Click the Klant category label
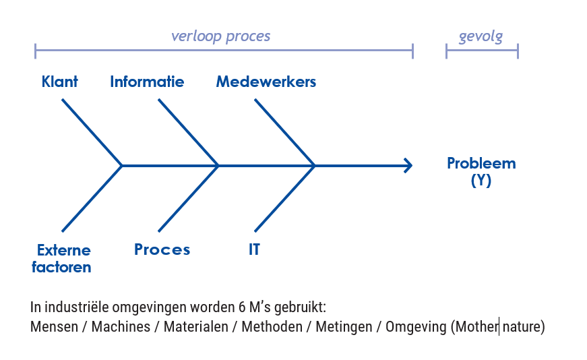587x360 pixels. (x=59, y=82)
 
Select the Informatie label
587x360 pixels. (x=147, y=82)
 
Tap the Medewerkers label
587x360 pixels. (x=266, y=82)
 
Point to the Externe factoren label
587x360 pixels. (x=62, y=258)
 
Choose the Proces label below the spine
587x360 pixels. (x=162, y=249)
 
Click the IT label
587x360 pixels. (x=254, y=249)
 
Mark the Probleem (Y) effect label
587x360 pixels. (x=481, y=171)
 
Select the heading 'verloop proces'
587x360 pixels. (x=220, y=36)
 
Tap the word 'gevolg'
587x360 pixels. (x=481, y=36)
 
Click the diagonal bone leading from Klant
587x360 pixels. (x=92, y=133)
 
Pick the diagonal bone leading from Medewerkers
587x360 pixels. (x=285, y=133)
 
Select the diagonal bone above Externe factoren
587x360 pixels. (x=92, y=199)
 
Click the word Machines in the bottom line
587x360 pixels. (x=121, y=327)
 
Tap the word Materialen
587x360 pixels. (x=196, y=327)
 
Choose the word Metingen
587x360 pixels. (x=344, y=328)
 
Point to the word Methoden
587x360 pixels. (x=272, y=327)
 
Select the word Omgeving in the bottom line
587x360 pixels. (x=416, y=328)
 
